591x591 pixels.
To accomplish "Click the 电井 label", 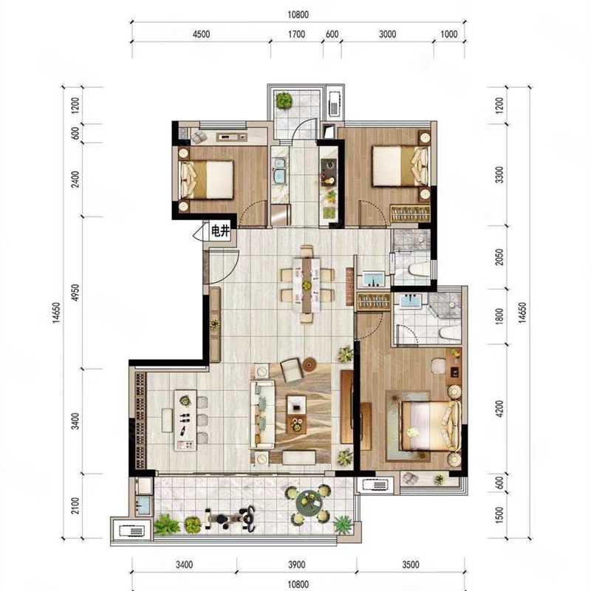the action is click(220, 230).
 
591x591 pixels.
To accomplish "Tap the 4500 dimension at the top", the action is click(201, 34).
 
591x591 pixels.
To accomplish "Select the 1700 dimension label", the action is click(297, 34).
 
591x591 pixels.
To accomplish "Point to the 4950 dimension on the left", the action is click(76, 293).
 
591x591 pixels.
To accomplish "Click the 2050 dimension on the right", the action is click(499, 257).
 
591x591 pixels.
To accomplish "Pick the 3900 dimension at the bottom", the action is click(297, 564).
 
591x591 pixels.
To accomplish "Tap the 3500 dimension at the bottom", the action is click(411, 564).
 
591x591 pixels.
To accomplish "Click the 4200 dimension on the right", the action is click(499, 409).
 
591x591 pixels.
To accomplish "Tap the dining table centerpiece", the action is click(307, 285).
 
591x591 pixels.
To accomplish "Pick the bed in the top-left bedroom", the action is click(207, 180).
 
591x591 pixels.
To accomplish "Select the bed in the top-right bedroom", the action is click(400, 166).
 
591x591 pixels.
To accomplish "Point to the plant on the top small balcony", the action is click(284, 100).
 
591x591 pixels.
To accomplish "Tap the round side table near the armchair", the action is click(309, 364).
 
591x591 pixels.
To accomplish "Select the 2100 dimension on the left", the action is click(76, 505).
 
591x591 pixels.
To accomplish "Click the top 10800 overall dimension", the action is click(298, 15).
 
